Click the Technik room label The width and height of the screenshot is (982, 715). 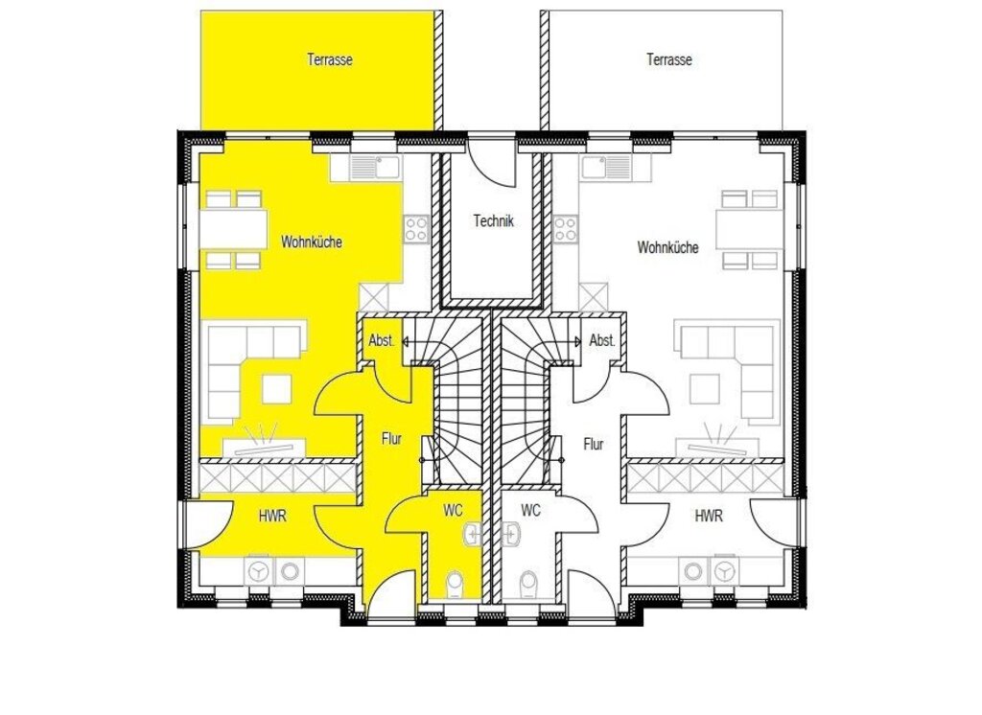(494, 221)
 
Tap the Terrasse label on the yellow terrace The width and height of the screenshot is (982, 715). (330, 60)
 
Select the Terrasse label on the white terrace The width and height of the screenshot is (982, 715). (668, 60)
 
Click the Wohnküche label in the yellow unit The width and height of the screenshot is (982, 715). (312, 242)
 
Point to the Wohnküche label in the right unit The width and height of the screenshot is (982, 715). (667, 247)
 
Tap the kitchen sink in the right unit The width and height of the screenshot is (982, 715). (606, 168)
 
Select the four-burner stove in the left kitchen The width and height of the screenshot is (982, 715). (416, 229)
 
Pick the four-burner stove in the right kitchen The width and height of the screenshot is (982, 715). (565, 229)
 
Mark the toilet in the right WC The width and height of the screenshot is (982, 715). (529, 584)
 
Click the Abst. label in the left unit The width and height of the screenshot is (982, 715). (382, 341)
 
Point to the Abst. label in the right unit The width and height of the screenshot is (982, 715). (602, 341)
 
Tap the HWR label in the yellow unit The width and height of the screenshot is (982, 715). (272, 516)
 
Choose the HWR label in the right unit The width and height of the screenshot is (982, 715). (709, 516)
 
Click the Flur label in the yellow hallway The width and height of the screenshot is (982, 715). (391, 439)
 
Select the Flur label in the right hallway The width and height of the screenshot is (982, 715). (593, 445)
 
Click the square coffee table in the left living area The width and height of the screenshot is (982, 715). (277, 388)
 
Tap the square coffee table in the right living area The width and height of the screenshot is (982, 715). (705, 388)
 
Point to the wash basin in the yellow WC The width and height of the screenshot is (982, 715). (473, 534)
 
